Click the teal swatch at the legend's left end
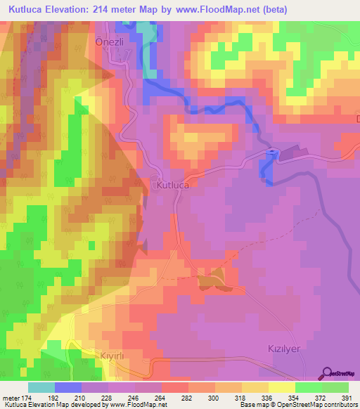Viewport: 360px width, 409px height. point(41,387)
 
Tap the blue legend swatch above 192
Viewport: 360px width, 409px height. point(68,387)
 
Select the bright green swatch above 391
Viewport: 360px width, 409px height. point(335,387)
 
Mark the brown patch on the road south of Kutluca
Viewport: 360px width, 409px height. point(212,280)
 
